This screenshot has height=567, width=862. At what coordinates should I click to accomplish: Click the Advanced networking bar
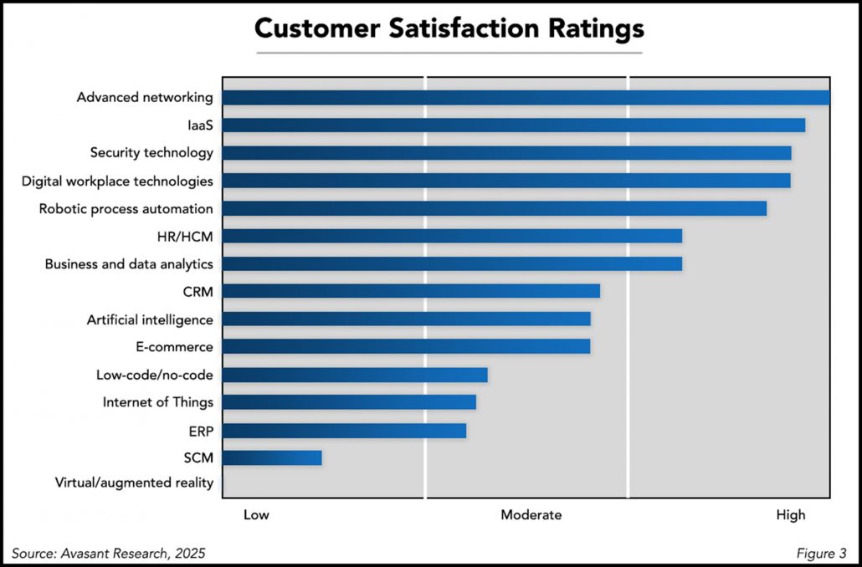526,98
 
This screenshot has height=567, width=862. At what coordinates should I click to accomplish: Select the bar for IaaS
513,125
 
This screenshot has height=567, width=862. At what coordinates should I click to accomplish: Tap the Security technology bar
506,153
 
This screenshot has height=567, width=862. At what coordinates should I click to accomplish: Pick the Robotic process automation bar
494,208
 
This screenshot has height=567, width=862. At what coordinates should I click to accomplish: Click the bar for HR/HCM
452,236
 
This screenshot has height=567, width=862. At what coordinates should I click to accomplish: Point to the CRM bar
411,291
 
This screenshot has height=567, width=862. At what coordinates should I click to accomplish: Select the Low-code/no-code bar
355,374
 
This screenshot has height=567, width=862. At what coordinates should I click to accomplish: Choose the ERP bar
344,430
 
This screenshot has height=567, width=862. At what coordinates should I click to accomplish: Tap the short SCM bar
272,457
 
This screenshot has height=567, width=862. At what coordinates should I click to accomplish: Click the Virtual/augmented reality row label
134,483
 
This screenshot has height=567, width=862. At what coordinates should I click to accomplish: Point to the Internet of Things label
157,402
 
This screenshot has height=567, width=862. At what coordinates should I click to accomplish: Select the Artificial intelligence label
150,319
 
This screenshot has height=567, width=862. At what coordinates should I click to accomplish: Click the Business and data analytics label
129,264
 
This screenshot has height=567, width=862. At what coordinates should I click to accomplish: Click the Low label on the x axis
256,515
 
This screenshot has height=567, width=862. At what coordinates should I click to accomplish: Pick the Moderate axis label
531,515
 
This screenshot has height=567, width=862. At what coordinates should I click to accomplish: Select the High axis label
791,515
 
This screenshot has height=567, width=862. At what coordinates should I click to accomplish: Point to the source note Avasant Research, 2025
108,553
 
